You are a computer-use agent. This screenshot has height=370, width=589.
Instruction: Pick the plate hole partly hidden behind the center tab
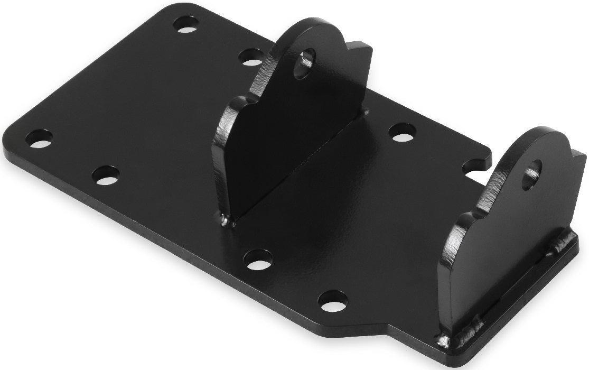click(x=252, y=57)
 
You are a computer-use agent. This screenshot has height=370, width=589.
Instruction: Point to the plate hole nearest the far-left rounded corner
click(x=39, y=138)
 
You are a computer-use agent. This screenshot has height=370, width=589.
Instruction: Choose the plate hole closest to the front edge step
click(x=333, y=300)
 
